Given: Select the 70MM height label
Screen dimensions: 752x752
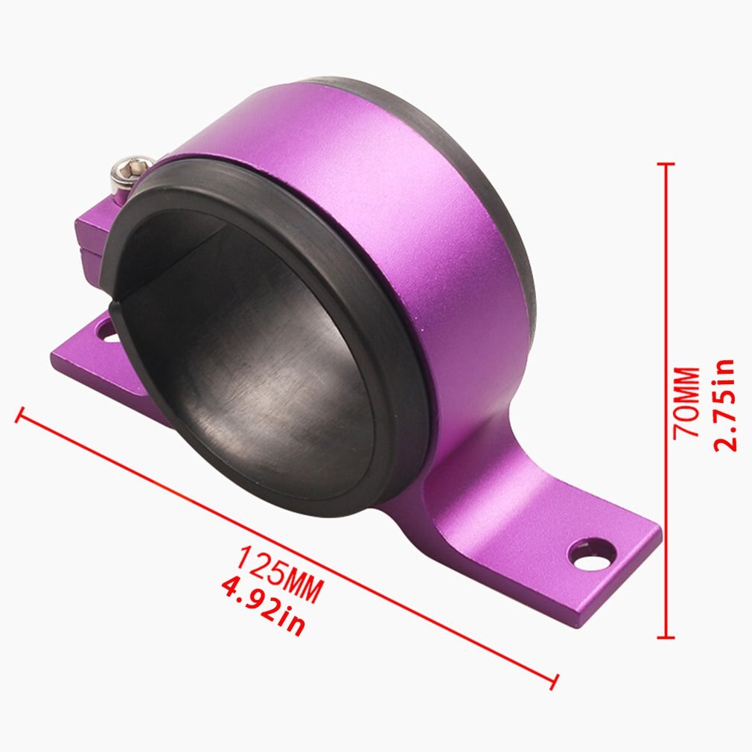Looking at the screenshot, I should tap(686, 401).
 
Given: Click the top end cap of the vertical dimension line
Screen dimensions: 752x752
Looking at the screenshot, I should tap(666, 164).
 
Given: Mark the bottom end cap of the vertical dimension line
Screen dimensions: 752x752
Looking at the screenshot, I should tap(666, 637).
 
